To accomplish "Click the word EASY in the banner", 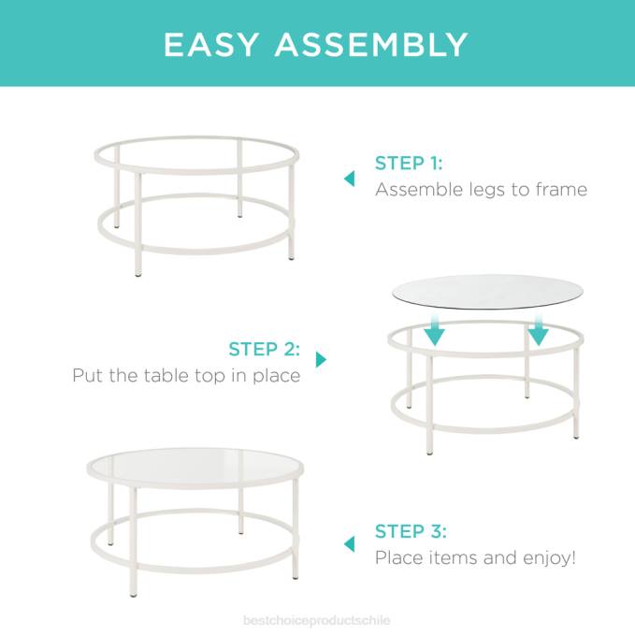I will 212,44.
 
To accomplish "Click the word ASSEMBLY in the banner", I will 373,44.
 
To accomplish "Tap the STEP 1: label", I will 409,164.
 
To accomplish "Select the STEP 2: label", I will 265,350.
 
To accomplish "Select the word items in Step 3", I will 440,558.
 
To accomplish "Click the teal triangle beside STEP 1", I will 349,178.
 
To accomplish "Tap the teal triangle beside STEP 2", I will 321,359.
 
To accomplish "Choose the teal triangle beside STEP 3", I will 349,544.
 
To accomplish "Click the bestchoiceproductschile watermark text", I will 317,620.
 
